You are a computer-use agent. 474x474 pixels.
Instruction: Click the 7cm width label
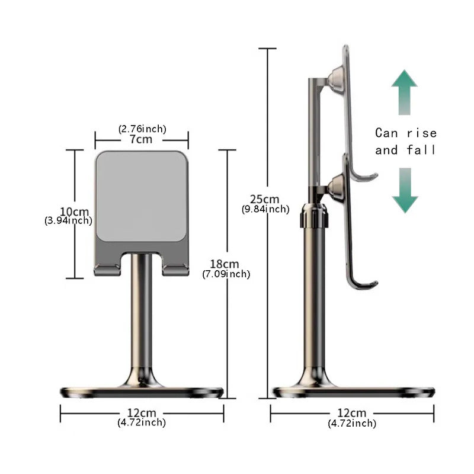[142, 139]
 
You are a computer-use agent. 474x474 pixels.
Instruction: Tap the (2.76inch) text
[142, 129]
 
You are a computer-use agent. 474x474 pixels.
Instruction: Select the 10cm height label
[75, 212]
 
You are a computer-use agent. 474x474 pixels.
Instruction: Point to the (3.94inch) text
[68, 221]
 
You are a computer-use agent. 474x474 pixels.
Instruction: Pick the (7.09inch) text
[226, 274]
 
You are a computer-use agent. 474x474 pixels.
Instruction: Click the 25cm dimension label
[265, 199]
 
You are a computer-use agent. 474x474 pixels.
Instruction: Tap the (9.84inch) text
[265, 209]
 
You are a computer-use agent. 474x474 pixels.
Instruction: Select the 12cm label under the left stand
[142, 412]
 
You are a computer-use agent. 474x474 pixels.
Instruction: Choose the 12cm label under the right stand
[351, 412]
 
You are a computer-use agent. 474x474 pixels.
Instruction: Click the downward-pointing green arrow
[404, 191]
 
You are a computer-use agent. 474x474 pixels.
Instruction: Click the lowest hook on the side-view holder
[363, 283]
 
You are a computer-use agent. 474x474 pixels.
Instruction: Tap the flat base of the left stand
[142, 392]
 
